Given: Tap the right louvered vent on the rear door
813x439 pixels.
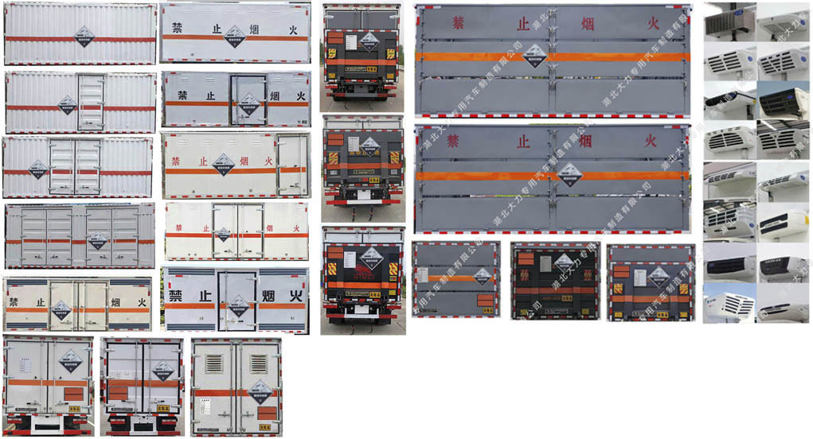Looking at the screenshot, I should coord(257,363).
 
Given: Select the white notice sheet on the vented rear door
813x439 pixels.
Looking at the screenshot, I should coord(205,402).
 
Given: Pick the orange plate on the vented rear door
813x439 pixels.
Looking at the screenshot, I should coord(267,414).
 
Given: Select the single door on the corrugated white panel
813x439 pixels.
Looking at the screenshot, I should coord(90,103).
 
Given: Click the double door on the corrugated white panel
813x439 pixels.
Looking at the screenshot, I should coord(75,167).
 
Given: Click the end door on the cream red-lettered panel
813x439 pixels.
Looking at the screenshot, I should coord(292,164).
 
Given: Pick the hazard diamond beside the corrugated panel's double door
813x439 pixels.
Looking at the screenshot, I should coord(38,169).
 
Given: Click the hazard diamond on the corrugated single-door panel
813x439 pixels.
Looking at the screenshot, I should coord(67,104).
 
